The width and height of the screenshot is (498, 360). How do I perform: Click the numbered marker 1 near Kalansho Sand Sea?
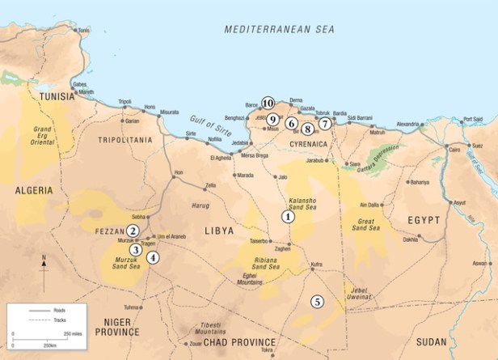[x=287, y=216]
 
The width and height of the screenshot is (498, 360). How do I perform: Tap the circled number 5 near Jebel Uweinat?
[x=317, y=301]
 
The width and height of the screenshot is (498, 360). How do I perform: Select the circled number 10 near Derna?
[x=268, y=103]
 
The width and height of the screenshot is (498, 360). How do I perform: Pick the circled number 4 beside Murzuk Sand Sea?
[x=153, y=258]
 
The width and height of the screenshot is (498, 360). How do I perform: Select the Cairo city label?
[x=454, y=150]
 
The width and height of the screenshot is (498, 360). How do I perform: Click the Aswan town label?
[x=481, y=263]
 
